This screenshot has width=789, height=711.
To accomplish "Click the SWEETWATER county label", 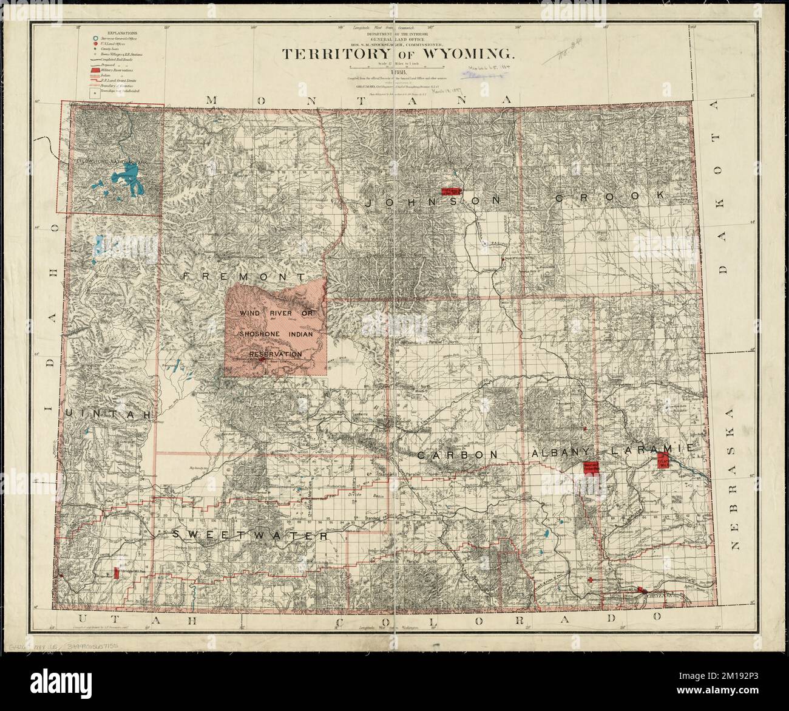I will [x=250, y=536].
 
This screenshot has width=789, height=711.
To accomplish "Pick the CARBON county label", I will [x=457, y=454].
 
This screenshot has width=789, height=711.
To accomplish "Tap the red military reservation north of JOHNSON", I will [x=452, y=190].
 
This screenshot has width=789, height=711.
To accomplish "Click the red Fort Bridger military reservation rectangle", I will [x=115, y=572].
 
